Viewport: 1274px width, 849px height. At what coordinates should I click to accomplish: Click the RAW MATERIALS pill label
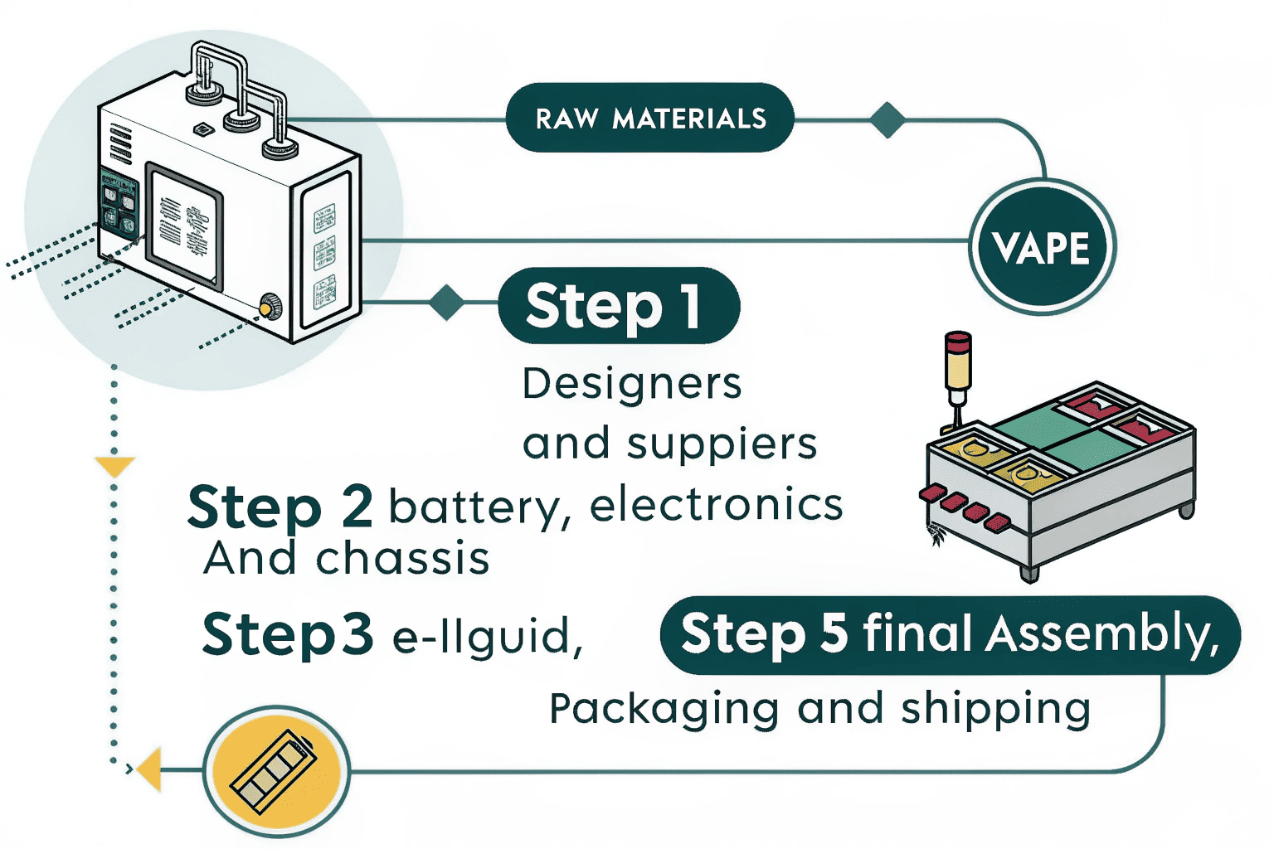click(x=649, y=118)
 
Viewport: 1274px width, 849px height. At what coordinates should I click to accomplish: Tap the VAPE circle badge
click(x=1042, y=247)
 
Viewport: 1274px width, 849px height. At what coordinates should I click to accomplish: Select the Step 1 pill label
click(x=618, y=305)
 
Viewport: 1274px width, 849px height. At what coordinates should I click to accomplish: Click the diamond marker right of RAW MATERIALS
click(x=887, y=120)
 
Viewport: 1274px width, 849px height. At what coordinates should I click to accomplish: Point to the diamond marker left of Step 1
click(x=447, y=303)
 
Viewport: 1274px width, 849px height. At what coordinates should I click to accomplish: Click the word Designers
click(x=632, y=384)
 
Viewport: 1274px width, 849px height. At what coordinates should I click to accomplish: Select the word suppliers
click(x=722, y=444)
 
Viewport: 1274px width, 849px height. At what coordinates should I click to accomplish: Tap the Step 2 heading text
click(x=280, y=507)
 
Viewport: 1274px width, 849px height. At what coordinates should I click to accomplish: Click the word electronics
click(x=716, y=505)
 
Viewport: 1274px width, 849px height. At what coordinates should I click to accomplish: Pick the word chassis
click(x=402, y=558)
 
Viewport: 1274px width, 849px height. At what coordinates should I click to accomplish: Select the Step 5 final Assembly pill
click(x=950, y=634)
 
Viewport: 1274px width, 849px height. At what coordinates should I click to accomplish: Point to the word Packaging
click(x=664, y=710)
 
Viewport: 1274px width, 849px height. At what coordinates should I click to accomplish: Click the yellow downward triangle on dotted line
click(x=114, y=466)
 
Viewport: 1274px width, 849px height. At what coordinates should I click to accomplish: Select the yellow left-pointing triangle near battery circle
click(x=150, y=769)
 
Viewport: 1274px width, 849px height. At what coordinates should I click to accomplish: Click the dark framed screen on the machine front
click(x=184, y=225)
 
